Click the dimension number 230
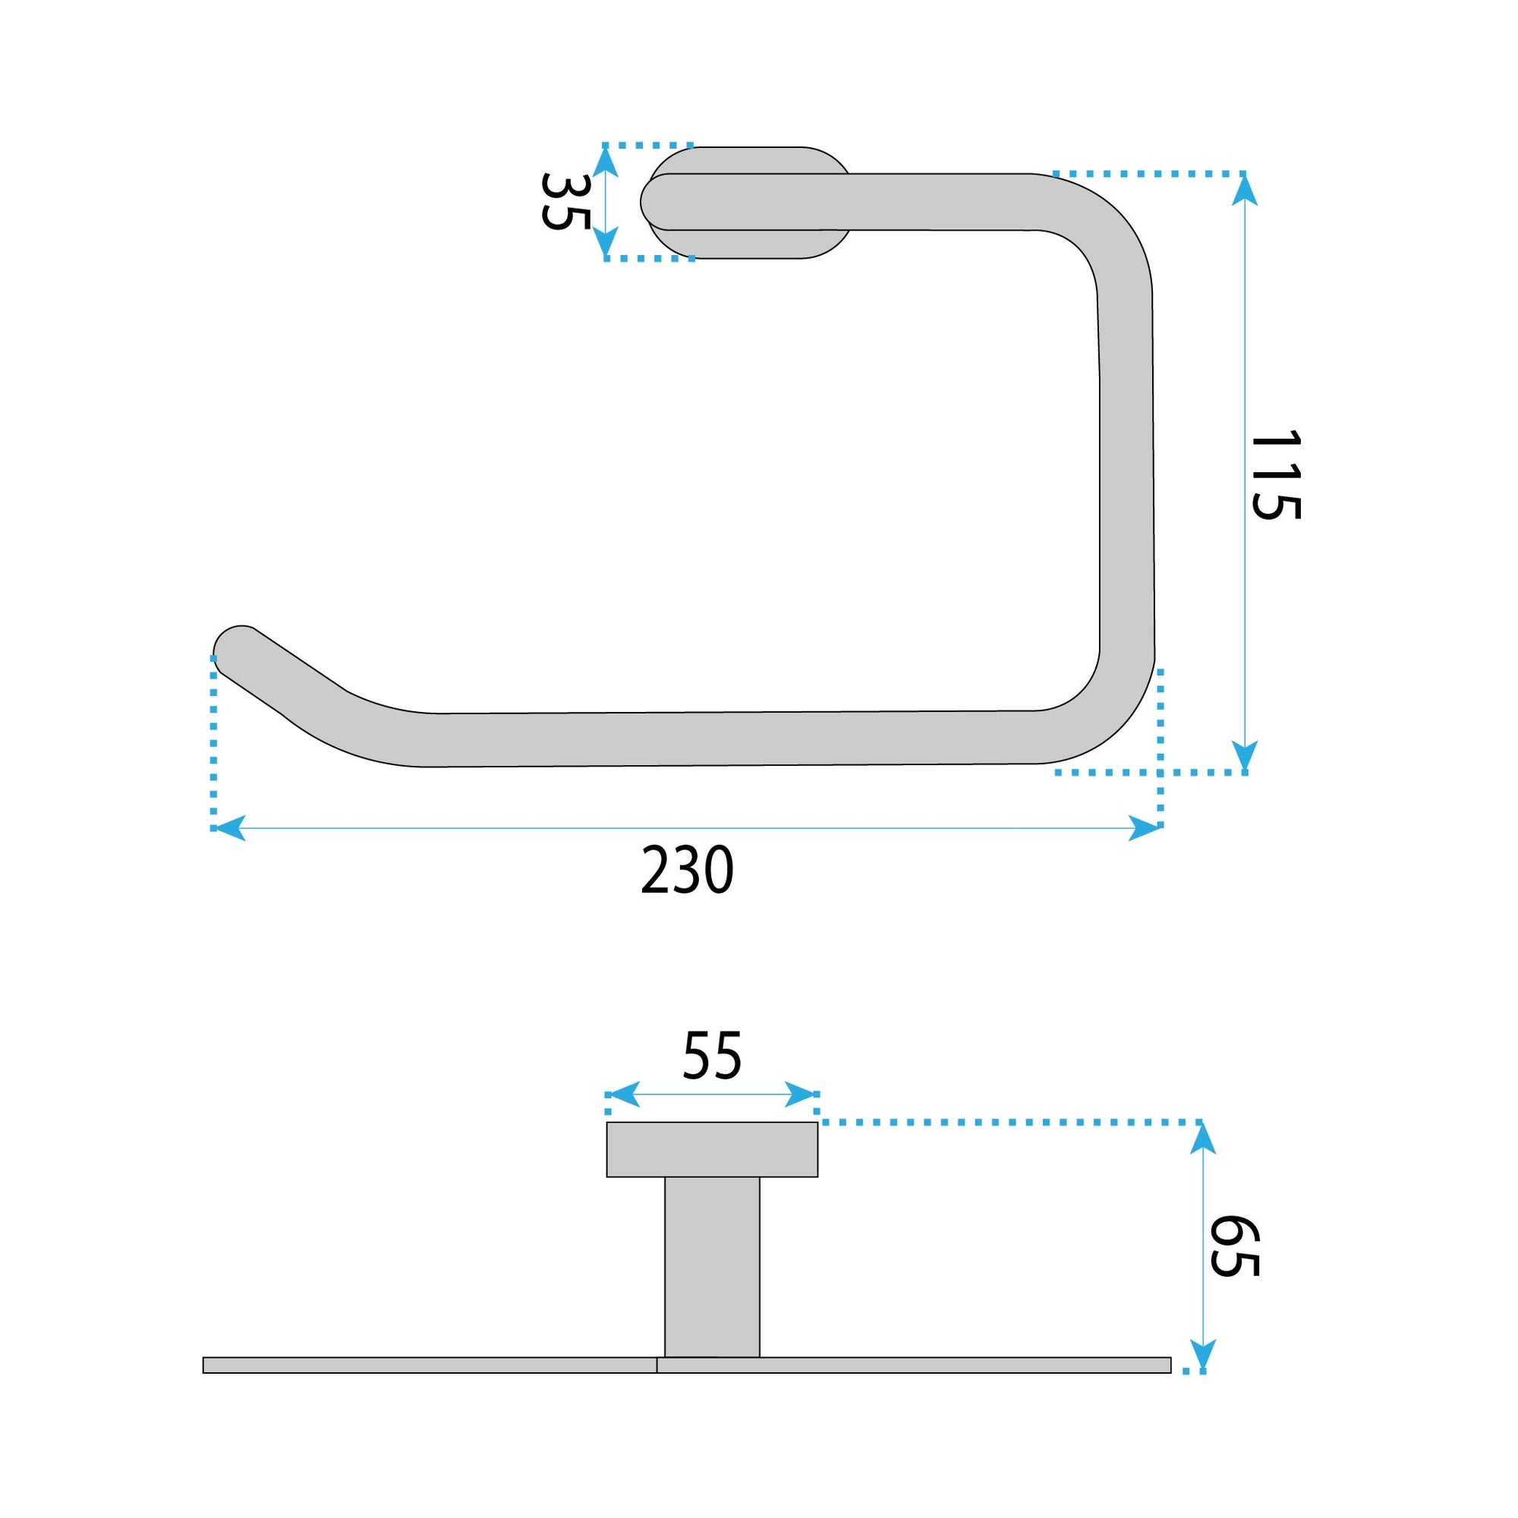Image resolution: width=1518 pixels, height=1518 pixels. coord(687,871)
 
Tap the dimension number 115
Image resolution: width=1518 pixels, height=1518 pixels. coord(1275,475)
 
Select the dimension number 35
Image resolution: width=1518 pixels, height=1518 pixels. coord(565,201)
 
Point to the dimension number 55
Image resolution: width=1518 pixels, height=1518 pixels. coord(711,1056)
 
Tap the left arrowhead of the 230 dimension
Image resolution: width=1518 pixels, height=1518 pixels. coord(228,828)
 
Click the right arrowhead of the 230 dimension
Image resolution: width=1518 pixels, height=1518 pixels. coord(1145,828)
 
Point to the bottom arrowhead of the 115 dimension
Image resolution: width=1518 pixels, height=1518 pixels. coord(1244,755)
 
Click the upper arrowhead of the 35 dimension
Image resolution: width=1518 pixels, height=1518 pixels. coord(604,162)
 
